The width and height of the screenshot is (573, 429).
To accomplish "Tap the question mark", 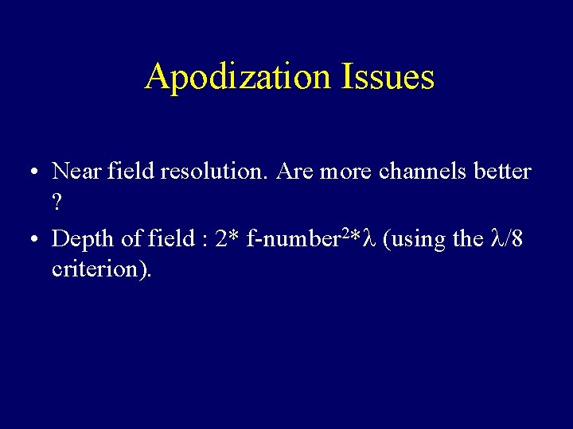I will click(57, 203).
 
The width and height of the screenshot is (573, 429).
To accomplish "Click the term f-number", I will click(294, 238).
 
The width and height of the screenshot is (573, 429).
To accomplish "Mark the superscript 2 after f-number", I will click(345, 233).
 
